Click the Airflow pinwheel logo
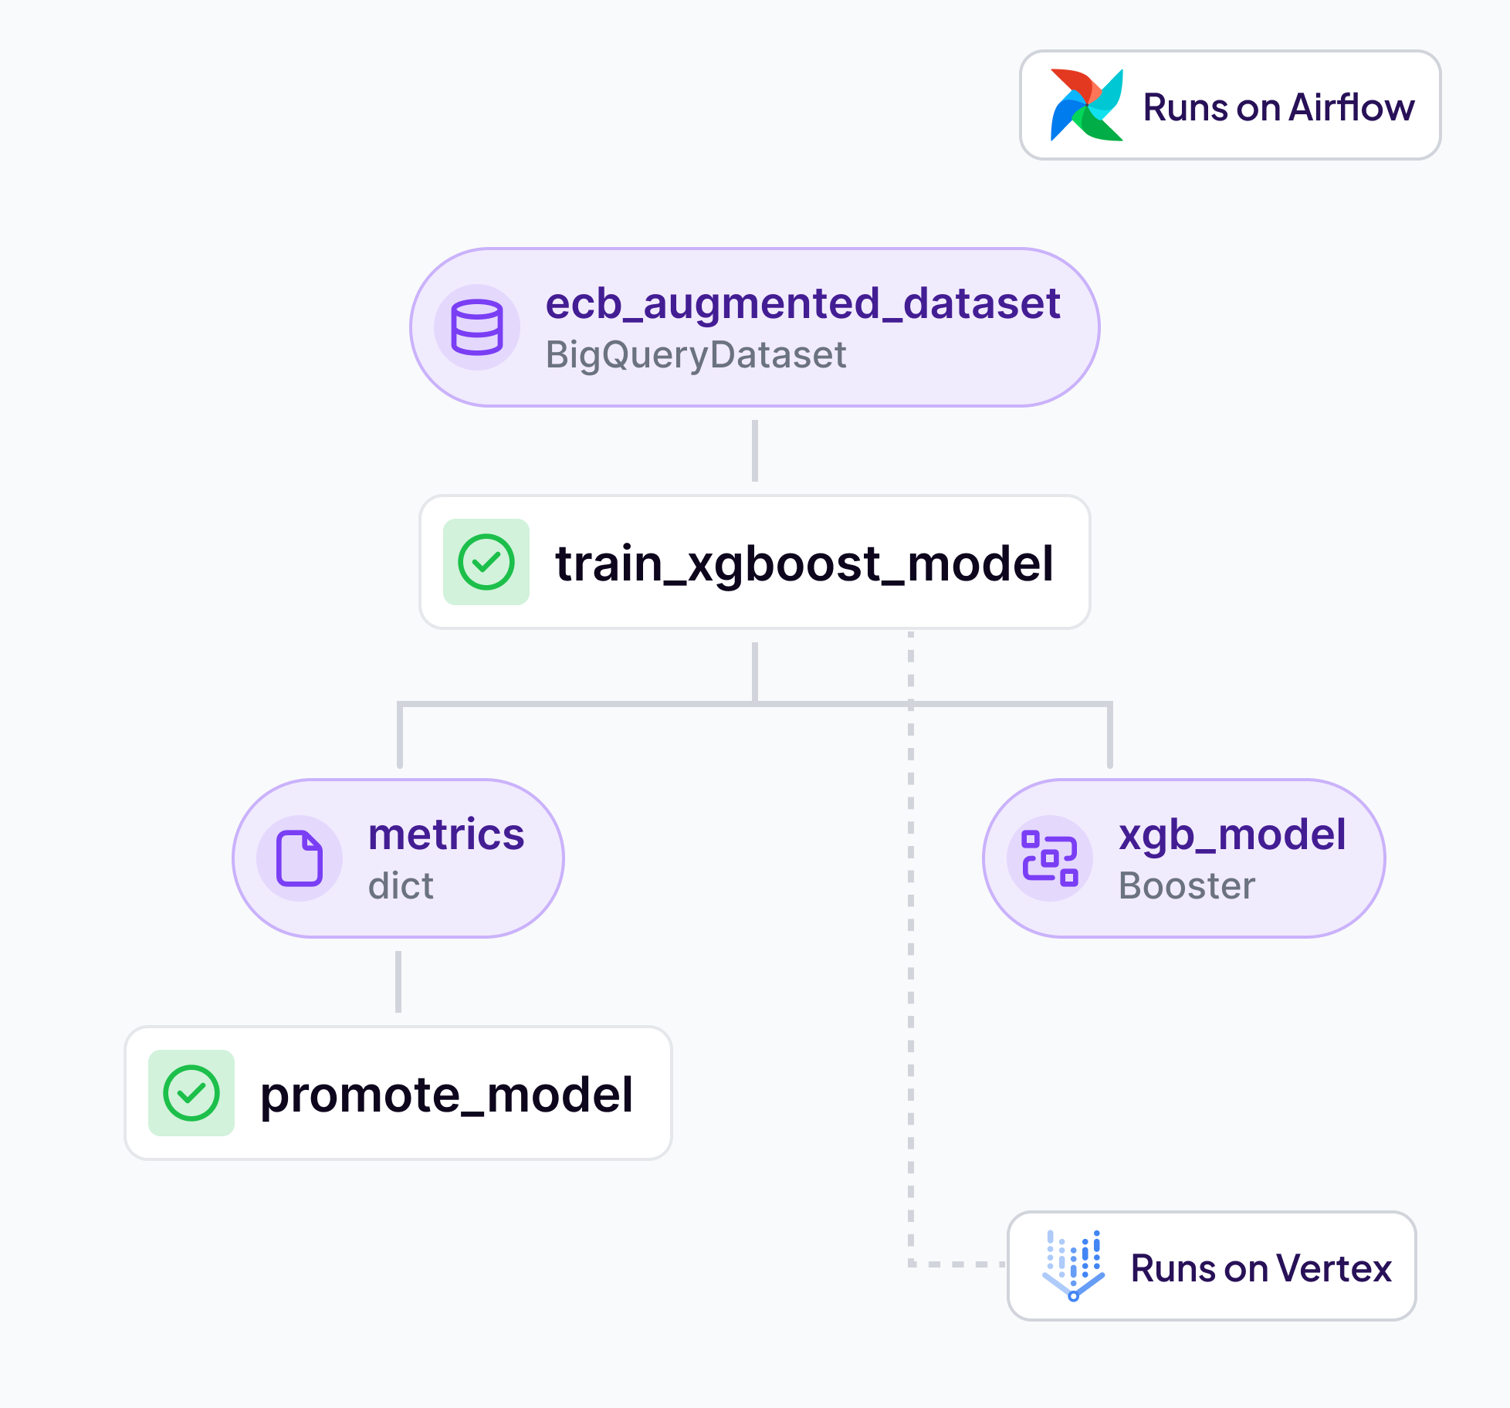(1085, 106)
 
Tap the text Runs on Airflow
(1278, 107)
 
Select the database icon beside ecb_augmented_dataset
(476, 327)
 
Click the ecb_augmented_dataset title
(802, 303)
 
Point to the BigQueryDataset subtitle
(696, 355)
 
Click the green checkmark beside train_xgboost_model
(486, 562)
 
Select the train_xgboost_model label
(804, 564)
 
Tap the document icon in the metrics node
(300, 858)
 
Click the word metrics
(446, 834)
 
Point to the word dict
(401, 885)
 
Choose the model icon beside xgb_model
(1049, 858)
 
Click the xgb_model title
(1232, 834)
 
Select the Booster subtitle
(1187, 885)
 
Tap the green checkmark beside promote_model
(191, 1093)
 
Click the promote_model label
(446, 1095)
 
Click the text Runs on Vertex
(1261, 1268)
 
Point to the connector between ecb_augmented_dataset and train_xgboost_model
(754, 451)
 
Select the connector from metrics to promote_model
(398, 982)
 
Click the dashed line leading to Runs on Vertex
(911, 1004)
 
